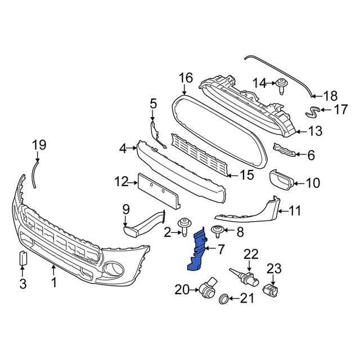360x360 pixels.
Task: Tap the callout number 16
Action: point(186,78)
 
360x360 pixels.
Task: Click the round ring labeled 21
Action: point(223,298)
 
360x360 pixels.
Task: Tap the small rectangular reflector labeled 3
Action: point(23,258)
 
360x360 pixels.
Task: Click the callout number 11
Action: point(295,211)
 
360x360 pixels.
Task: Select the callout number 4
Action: point(123,149)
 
